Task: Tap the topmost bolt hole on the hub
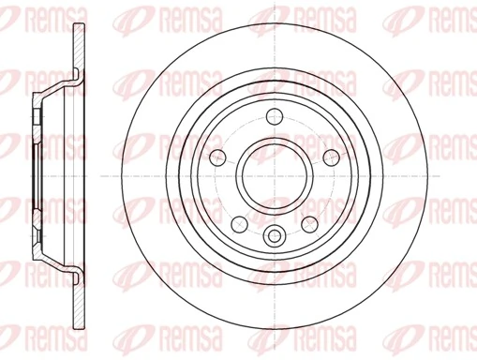coord(275,116)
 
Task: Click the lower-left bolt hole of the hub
coord(240,221)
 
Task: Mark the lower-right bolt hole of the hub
coord(310,221)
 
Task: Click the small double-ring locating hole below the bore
coord(275,235)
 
